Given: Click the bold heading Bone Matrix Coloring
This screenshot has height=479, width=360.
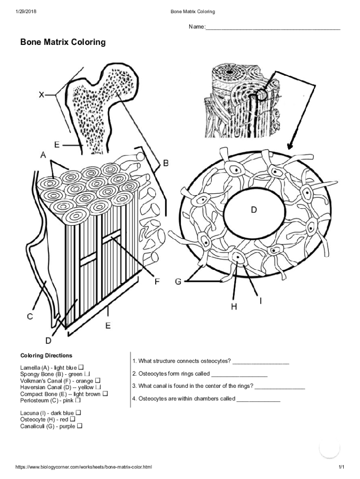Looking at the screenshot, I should pos(63,43).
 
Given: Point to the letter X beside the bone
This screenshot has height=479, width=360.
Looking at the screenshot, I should pos(42,95).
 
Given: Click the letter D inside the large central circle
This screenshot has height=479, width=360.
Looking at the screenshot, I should pos(253,210).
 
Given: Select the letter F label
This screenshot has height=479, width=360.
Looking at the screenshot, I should pos(158,281).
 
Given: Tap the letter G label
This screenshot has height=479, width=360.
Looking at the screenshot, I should pos(178,282).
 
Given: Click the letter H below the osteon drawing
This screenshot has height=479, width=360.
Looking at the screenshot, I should pos(233,306).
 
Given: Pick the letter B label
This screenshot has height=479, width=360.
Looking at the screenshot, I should pos(166,163).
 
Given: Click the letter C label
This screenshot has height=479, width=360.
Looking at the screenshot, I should pos(29,317).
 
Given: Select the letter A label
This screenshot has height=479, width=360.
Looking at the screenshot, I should pos(43,155).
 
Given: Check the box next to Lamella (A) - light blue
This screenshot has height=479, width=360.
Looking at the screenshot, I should pos(81,368).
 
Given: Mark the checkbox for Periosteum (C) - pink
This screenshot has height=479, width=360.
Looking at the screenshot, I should pos(78,400).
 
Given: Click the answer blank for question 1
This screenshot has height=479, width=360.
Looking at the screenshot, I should pos(260,362).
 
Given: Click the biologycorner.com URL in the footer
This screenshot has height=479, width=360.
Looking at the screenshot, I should pos(84,467).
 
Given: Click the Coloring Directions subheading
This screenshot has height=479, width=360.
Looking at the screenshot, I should pos(46,356).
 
